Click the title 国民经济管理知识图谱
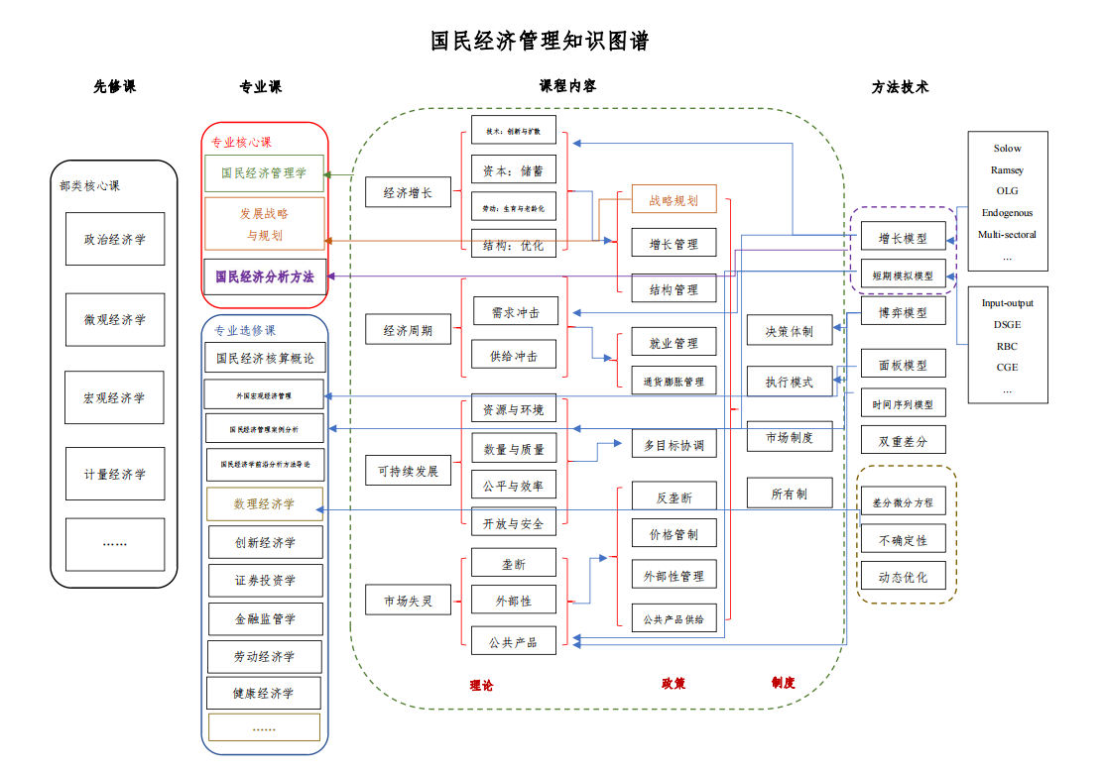tap(540, 42)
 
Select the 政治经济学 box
tap(115, 239)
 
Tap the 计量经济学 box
tap(115, 474)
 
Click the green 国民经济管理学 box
tap(264, 173)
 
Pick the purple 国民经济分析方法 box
tap(264, 276)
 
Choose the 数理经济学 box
tap(264, 504)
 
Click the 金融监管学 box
tap(265, 619)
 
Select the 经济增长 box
tap(408, 192)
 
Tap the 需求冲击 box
tap(515, 312)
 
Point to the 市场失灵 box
tap(408, 601)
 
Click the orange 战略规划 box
tap(674, 200)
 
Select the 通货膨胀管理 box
tap(674, 381)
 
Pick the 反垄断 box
tap(674, 497)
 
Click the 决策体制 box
tap(789, 331)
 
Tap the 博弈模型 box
tap(903, 312)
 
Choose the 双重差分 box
tap(903, 441)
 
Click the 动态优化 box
tap(903, 577)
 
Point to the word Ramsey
tap(1007, 170)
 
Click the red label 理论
tap(481, 685)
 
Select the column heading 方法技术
tap(900, 87)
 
